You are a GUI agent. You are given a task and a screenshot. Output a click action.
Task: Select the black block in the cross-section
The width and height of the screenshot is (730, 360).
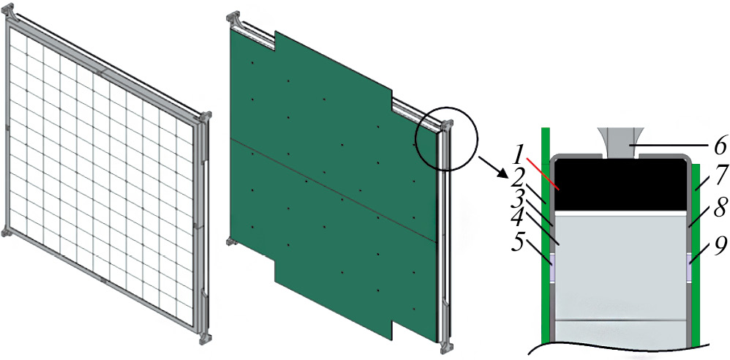click(x=620, y=184)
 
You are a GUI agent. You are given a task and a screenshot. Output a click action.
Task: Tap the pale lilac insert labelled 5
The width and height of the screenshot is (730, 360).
click(x=552, y=269)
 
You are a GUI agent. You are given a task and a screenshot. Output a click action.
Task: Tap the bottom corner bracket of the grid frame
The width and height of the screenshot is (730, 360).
click(x=205, y=337)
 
